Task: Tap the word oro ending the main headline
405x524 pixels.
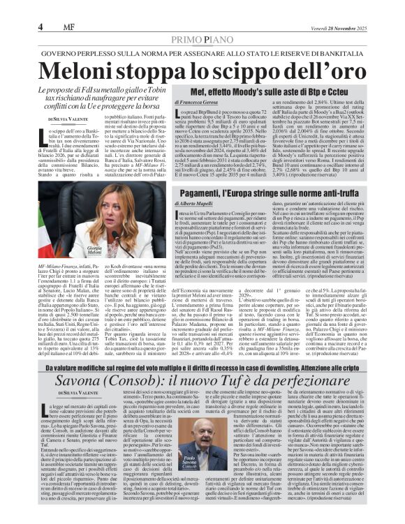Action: click(342, 71)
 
